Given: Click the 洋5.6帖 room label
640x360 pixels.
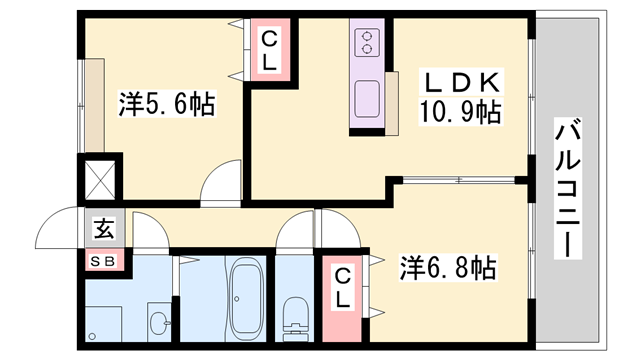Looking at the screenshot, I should click(x=166, y=104).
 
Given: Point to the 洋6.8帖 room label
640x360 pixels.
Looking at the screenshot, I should click(x=448, y=268).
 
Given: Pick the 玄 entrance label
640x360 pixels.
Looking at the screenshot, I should click(x=104, y=229).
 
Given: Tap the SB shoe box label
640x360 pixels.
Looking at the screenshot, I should click(x=104, y=262).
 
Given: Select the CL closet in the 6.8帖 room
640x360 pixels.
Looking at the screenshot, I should click(x=342, y=286).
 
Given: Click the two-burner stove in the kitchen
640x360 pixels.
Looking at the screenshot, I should click(x=367, y=43).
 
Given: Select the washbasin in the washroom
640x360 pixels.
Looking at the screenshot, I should click(x=157, y=322).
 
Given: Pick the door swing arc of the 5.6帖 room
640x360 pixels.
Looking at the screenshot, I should click(x=221, y=185).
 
